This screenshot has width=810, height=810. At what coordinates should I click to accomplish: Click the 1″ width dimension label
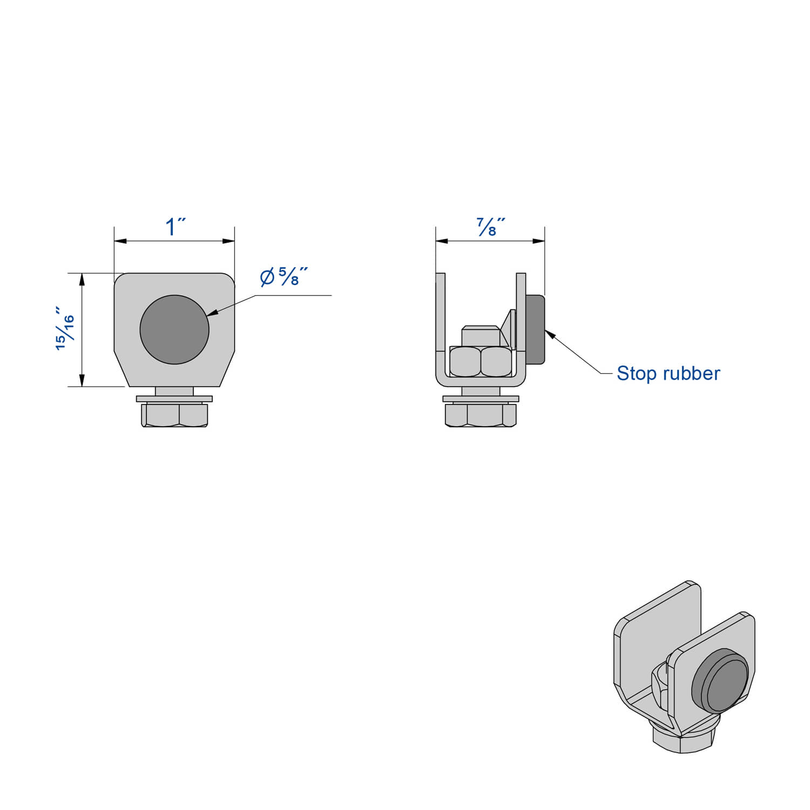click(175, 227)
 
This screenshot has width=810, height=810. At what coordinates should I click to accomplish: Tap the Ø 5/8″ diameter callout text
click(283, 277)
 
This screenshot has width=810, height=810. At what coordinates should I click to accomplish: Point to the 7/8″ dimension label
click(490, 227)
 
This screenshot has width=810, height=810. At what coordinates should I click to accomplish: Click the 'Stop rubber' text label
click(668, 373)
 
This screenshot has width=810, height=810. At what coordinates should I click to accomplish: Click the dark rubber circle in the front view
click(174, 329)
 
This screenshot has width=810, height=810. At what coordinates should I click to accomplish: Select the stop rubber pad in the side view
click(535, 329)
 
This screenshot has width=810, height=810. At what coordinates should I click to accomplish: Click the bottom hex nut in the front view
click(174, 415)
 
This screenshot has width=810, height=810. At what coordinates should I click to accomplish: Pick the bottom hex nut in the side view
click(481, 415)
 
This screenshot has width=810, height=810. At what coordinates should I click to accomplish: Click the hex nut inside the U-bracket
click(480, 361)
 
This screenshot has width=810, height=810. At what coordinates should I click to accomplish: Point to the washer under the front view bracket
click(174, 399)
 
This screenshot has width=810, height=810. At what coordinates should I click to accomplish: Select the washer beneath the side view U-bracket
click(481, 399)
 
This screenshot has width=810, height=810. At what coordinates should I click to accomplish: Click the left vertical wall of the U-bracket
click(441, 324)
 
